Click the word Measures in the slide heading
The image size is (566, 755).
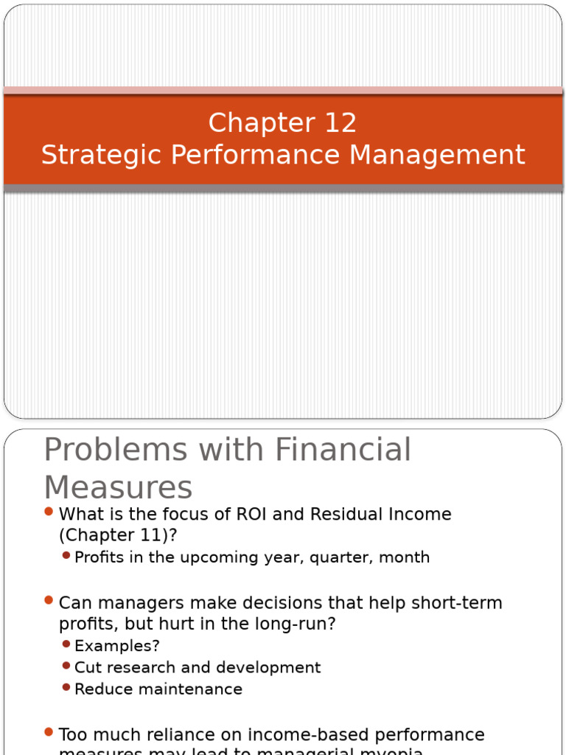[x=118, y=488]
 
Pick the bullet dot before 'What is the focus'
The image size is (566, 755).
[x=49, y=512]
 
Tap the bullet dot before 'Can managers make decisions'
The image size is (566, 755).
[x=49, y=601]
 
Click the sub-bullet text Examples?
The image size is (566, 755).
[x=117, y=646]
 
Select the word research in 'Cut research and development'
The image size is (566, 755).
[x=140, y=668]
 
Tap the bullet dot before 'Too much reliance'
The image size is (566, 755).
[x=49, y=732]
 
